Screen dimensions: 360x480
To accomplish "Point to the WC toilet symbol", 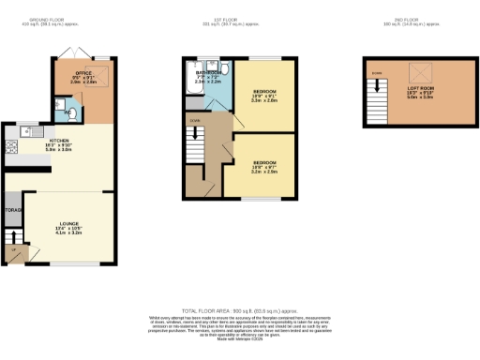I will pyautogui.click(x=69, y=112).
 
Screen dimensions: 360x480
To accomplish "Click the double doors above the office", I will pyautogui.click(x=80, y=52).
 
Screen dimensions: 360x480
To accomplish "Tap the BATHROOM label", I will pyautogui.click(x=207, y=75).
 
